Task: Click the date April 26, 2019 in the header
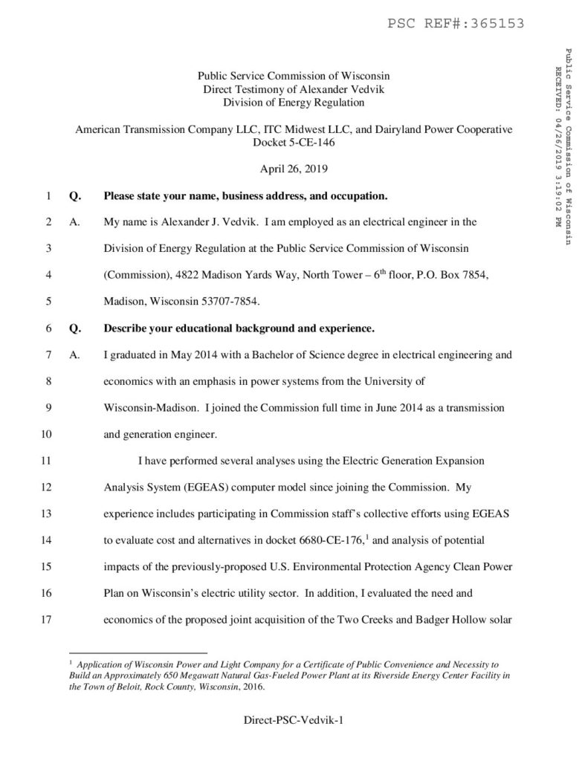(294, 169)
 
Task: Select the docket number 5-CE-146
(294, 141)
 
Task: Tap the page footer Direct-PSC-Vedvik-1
(294, 721)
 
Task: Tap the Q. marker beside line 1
(73, 197)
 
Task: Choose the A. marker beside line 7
(73, 355)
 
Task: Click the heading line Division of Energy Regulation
(294, 102)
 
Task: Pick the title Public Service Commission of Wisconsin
(294, 76)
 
